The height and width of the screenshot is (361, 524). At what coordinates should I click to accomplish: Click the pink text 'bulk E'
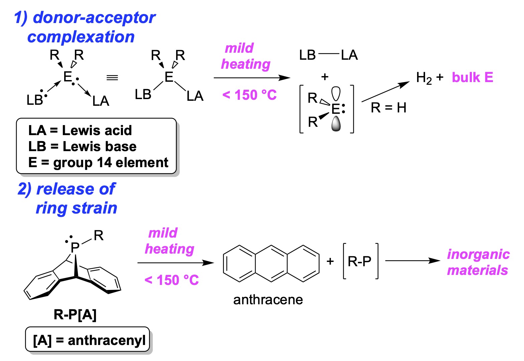[472, 77]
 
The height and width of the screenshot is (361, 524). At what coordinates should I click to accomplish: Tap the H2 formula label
[424, 78]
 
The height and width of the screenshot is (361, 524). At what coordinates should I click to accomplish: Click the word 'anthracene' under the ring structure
[268, 300]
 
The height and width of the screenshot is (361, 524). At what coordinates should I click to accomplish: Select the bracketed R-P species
[360, 262]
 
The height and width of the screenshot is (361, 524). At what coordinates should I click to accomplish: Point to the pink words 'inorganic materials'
[478, 262]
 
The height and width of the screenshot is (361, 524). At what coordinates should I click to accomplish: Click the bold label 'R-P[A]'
[75, 314]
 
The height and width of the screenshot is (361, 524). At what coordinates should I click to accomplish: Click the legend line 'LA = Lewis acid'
[80, 130]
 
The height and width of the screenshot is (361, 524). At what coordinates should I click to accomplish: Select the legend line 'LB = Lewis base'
[82, 146]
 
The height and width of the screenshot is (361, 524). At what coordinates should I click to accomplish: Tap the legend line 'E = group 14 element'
[98, 162]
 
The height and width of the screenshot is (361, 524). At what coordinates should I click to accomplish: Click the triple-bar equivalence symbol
[112, 78]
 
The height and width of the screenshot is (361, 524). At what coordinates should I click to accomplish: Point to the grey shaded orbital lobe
[336, 124]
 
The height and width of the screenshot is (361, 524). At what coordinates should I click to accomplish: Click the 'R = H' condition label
[388, 108]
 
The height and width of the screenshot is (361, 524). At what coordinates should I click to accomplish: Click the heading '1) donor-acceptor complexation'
[84, 27]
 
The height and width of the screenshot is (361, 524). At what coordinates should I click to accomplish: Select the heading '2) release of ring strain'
[67, 199]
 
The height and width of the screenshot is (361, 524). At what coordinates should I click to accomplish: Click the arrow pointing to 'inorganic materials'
[413, 261]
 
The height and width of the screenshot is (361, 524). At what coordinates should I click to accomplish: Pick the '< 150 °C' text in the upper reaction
[249, 95]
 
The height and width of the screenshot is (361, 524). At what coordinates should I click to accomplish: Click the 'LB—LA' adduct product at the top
[329, 55]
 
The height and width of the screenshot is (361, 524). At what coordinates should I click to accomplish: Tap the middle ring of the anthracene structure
[271, 264]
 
